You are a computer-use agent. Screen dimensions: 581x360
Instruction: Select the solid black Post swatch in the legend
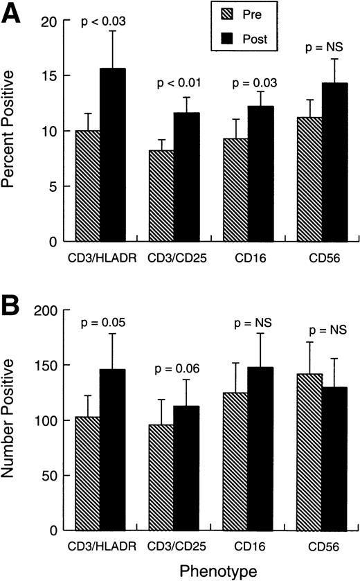[225, 39]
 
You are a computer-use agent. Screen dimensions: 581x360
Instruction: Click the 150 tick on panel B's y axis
[51, 365]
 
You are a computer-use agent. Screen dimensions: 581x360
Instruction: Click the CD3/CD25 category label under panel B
[170, 546]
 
